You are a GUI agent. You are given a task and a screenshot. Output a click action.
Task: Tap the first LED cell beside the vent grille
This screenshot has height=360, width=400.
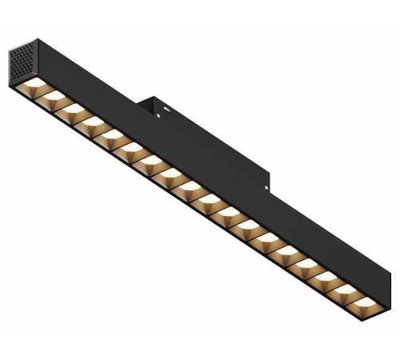pos(36,84)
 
